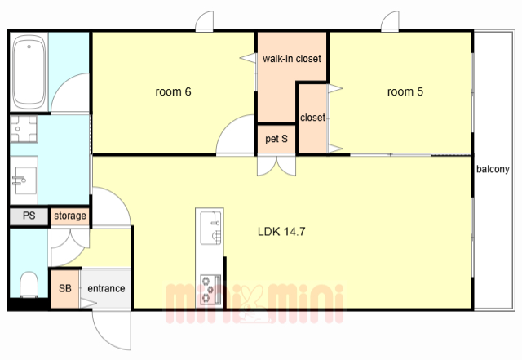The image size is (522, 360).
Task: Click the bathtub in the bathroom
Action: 29,73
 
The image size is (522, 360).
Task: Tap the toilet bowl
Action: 29,284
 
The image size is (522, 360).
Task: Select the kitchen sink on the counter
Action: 210,228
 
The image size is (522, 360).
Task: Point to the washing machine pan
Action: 24,129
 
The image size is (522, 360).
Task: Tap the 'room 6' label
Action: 173,91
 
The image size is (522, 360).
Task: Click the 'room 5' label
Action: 405,91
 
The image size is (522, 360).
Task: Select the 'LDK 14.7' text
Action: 281,231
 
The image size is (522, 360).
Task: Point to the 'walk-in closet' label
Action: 292,59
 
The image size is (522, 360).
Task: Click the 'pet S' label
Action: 276,139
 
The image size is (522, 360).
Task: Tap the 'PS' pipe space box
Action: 29,216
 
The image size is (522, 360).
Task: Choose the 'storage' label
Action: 70,216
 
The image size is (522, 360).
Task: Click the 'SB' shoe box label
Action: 65,288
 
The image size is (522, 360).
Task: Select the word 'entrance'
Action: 106,288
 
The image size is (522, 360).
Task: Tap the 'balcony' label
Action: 493,169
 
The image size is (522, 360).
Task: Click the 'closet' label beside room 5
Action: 312,118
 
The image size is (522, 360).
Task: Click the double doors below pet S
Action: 276,166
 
